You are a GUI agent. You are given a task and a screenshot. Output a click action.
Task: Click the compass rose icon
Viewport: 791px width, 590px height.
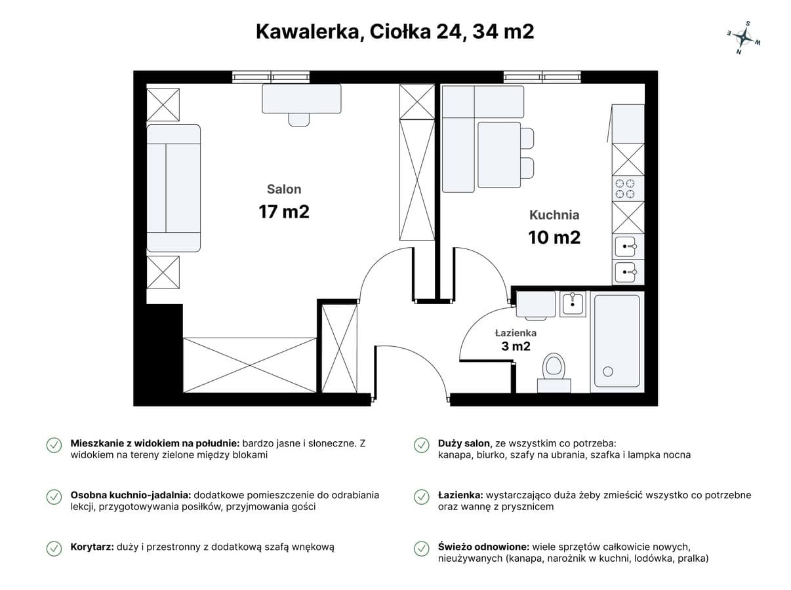[743, 37]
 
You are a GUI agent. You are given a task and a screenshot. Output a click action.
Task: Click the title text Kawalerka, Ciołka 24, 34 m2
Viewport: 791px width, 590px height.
[395, 31]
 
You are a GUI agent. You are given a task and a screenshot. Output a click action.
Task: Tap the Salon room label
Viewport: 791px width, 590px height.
[283, 189]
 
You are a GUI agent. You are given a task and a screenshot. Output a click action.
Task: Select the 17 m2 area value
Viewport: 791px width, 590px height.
[283, 212]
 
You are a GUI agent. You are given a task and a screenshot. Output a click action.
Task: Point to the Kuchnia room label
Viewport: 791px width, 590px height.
[554, 214]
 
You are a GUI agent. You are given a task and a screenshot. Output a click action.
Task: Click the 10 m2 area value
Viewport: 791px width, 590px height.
[554, 237]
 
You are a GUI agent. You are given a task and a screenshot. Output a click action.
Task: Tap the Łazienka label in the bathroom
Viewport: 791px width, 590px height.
[516, 333]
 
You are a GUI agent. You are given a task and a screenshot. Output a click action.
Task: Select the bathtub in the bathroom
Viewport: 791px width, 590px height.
[617, 341]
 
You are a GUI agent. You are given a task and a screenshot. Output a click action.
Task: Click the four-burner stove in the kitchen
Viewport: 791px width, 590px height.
[624, 189]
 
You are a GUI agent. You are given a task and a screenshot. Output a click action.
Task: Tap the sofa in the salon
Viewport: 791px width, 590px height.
[172, 188]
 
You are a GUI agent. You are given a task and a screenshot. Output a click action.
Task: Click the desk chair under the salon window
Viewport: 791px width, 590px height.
[299, 119]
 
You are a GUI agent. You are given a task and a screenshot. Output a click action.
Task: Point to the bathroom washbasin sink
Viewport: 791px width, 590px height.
[573, 304]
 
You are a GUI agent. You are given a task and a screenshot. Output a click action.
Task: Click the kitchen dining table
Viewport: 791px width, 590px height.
[498, 154]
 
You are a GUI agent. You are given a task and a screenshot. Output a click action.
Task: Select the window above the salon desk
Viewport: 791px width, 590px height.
[272, 77]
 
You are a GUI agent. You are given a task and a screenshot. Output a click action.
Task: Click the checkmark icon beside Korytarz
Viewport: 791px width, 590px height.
[54, 548]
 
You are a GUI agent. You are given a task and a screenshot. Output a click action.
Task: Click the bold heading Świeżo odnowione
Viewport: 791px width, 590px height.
[483, 547]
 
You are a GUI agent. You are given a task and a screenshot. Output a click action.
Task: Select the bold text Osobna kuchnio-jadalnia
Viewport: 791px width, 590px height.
[131, 495]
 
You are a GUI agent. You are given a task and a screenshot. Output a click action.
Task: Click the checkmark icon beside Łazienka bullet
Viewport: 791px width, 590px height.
[421, 497]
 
